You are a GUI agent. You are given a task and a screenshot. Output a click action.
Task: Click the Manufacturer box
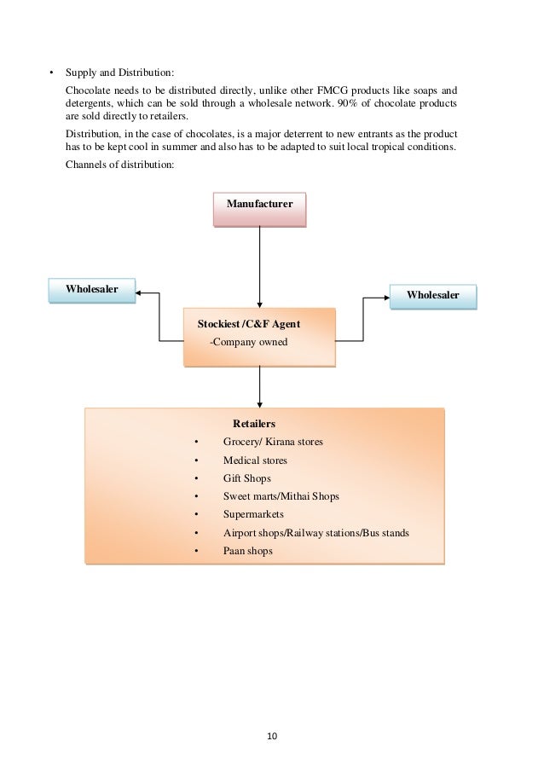coord(259,206)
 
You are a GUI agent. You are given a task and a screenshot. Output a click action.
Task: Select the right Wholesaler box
coord(432,295)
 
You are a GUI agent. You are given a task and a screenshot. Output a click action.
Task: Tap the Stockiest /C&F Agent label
coord(248,325)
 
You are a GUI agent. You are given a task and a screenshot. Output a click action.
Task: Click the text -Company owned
coord(249,342)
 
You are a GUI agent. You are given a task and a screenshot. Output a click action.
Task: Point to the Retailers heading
coord(254,423)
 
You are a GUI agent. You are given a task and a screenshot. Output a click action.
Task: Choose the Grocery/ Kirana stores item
coord(273,442)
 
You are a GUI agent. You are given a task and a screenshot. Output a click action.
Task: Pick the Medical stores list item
coord(255,460)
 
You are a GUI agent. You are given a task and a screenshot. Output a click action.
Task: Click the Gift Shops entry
coord(246,478)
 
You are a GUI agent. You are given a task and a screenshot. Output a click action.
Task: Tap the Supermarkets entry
coord(253,515)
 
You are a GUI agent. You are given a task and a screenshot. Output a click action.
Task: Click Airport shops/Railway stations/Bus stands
coord(315,533)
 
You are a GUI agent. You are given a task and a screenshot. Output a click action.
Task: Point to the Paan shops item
coord(247,552)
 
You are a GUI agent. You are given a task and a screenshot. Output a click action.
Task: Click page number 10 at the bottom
coord(271,735)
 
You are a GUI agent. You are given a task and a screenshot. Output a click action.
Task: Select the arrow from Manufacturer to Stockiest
coord(259,264)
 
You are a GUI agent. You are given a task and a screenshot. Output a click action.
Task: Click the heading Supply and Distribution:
coord(119,72)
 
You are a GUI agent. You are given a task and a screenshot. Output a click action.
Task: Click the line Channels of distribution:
coord(119,165)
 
